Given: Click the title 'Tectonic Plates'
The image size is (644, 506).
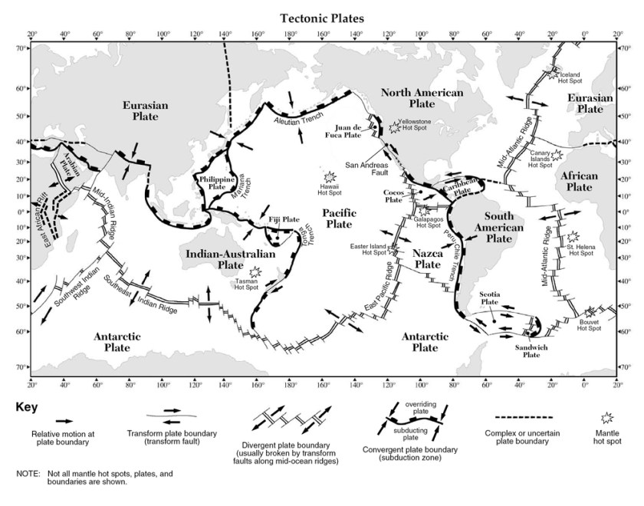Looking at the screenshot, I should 321,17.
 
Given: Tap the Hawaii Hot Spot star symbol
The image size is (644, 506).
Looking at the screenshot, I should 330,176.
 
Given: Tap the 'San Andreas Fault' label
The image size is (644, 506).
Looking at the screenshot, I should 367,169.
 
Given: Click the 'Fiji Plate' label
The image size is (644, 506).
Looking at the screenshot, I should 283,219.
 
